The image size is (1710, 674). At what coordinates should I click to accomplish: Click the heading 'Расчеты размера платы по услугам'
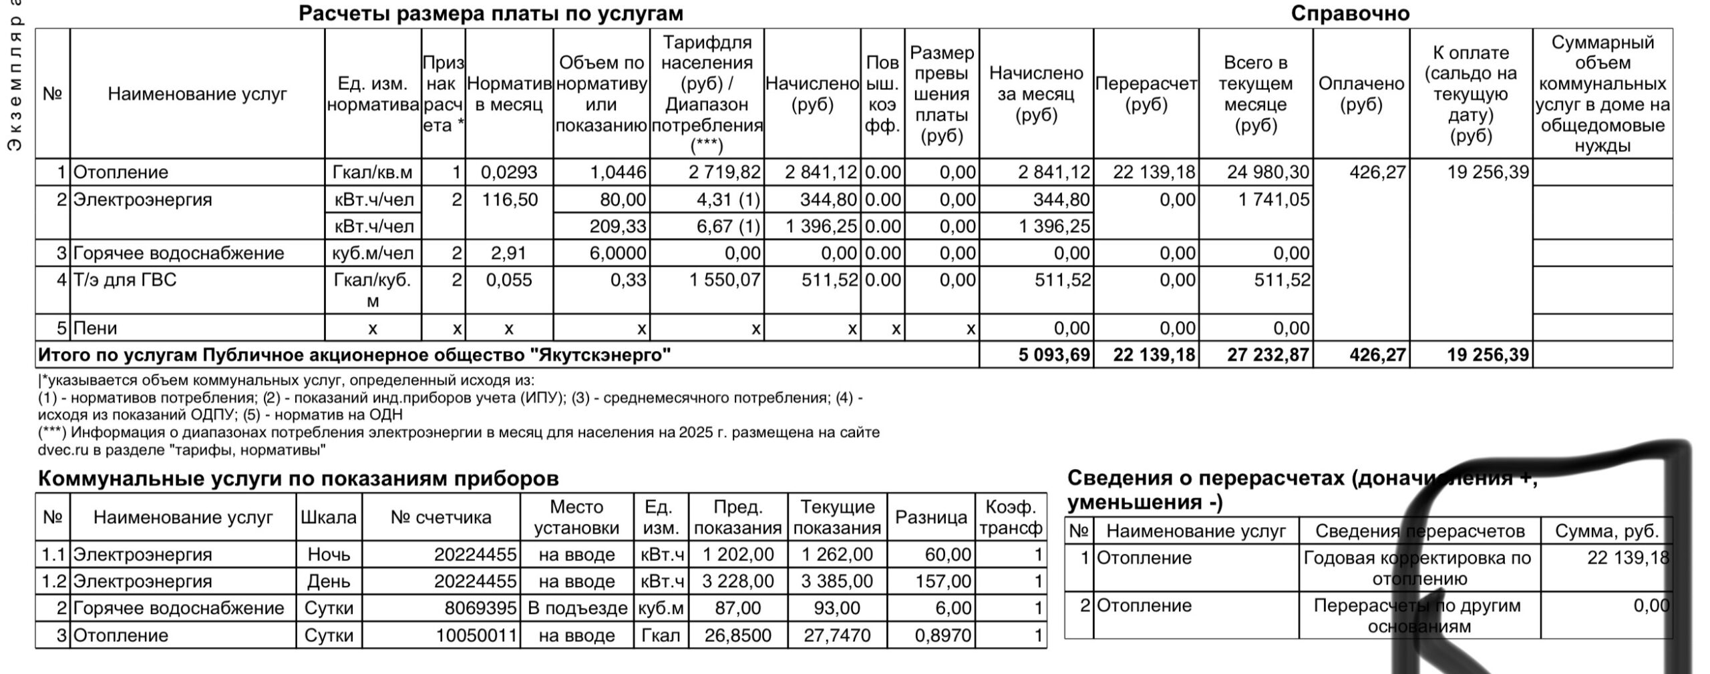point(490,13)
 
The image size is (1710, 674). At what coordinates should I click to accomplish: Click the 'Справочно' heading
point(1350,13)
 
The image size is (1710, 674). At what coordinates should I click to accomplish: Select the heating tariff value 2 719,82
point(725,172)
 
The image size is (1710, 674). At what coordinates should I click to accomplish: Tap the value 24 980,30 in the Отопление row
point(1268,172)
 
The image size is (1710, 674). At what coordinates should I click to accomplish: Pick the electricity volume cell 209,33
point(617,226)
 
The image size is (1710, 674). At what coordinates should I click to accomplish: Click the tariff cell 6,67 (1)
point(728,226)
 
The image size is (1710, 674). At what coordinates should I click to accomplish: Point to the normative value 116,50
point(510,200)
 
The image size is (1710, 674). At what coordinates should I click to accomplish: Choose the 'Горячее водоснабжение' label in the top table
point(178,253)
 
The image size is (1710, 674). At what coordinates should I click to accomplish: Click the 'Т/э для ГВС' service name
point(125,280)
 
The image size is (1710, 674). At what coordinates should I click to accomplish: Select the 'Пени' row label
point(95,328)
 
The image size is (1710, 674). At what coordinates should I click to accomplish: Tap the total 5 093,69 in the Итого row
point(1054,354)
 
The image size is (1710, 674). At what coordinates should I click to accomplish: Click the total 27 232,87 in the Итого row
point(1268,354)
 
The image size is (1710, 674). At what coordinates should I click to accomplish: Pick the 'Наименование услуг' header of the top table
point(197,93)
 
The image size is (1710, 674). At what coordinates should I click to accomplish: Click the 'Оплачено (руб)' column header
point(1361,93)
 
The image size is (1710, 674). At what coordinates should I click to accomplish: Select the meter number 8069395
point(480,608)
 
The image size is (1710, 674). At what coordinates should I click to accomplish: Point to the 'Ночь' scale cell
point(329,555)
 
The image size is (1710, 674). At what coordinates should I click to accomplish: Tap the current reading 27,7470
point(837,635)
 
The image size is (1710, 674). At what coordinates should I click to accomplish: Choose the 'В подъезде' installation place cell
point(577,608)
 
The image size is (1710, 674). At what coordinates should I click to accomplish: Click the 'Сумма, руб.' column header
point(1606,531)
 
